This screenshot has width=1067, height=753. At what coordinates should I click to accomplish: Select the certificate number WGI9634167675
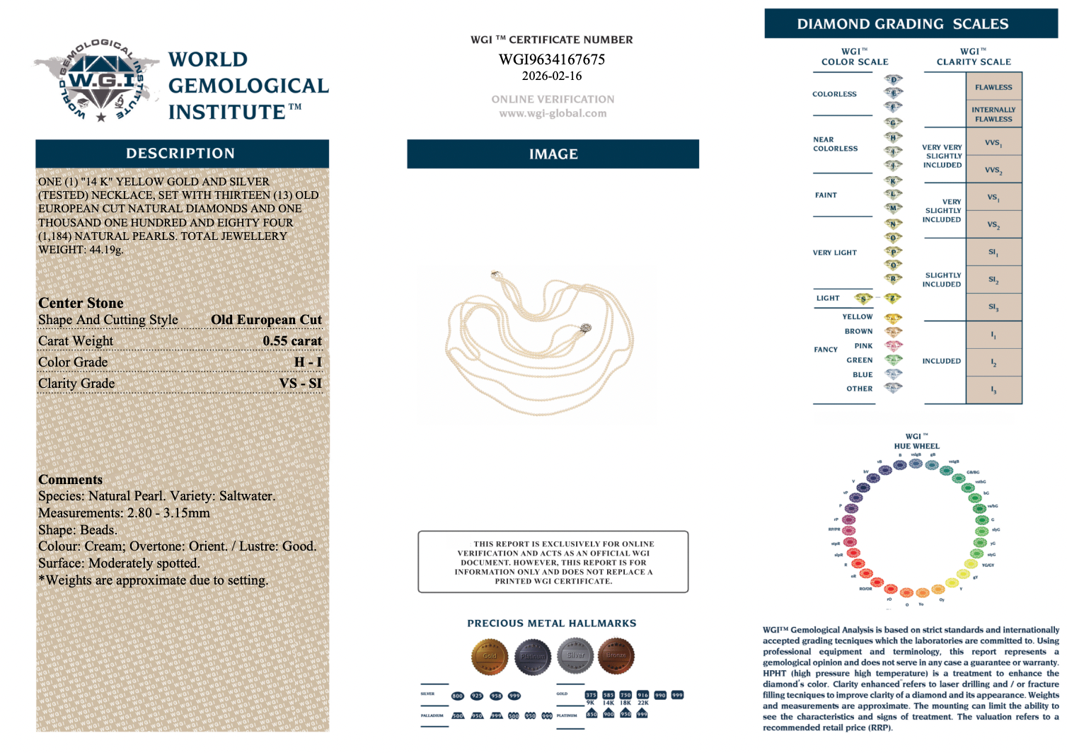click(552, 59)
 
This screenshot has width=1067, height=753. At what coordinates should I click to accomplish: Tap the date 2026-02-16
click(552, 76)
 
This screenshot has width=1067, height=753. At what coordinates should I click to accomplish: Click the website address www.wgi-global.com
click(553, 113)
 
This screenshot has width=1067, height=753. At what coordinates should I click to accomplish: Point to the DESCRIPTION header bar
click(182, 154)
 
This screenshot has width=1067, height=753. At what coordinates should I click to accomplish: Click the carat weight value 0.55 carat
click(292, 341)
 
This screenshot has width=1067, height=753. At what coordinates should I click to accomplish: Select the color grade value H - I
click(308, 362)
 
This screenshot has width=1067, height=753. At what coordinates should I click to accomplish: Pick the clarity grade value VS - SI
click(301, 384)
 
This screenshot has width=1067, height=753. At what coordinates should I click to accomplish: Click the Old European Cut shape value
click(266, 320)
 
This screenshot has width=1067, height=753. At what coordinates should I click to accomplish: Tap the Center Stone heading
click(81, 303)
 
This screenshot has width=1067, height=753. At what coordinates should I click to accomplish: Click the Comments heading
click(70, 480)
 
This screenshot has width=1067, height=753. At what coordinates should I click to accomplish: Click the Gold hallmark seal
click(490, 656)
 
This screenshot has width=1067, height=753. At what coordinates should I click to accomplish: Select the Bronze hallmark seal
click(616, 655)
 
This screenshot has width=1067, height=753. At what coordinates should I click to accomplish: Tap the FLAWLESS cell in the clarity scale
click(993, 87)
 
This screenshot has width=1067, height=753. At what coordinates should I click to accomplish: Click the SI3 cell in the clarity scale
click(993, 307)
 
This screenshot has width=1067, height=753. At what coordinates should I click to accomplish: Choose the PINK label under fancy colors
click(863, 346)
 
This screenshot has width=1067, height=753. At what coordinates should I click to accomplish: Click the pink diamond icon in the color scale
click(894, 346)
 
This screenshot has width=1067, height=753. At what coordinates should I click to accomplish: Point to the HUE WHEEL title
click(916, 446)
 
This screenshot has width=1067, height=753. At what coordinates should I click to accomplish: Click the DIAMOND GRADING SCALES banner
click(911, 24)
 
